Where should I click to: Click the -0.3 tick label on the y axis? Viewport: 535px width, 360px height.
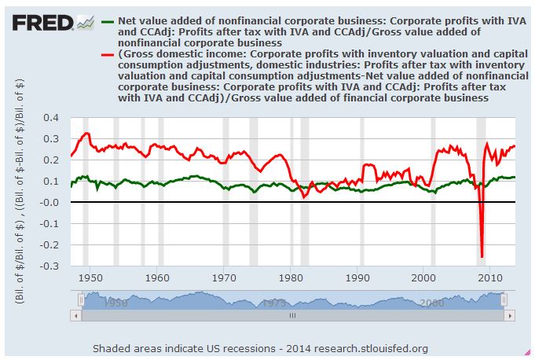49,266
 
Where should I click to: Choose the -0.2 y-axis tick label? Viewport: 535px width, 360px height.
49,245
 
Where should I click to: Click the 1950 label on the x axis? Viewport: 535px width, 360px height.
90,277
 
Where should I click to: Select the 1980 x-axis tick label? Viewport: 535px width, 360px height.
291,277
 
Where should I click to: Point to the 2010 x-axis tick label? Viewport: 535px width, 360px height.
490,277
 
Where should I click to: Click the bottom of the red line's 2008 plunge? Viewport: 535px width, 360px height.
482,256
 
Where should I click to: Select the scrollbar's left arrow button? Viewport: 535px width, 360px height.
75,315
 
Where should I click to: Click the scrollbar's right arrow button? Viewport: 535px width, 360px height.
510,315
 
